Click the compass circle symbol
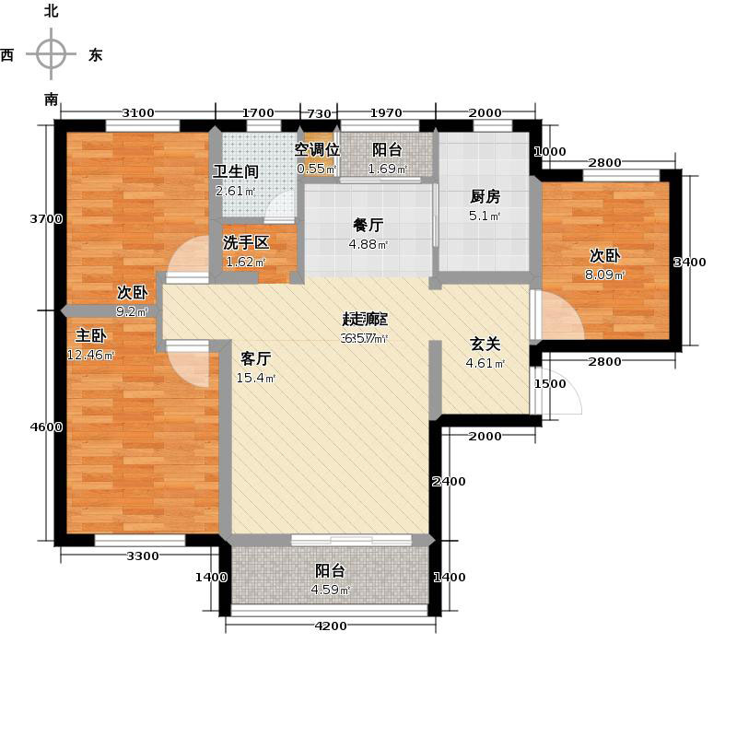[x=51, y=54]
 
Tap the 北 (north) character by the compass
[x=51, y=11]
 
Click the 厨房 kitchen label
[x=485, y=196]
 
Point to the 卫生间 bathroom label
[x=235, y=171]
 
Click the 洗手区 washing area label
[x=246, y=243]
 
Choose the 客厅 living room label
[x=255, y=358]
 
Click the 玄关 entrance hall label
[x=485, y=344]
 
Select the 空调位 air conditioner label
[x=317, y=149]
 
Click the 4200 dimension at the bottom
[x=331, y=626]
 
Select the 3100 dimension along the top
[x=138, y=113]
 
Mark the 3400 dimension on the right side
[x=690, y=263]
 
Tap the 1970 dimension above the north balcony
[x=387, y=113]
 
